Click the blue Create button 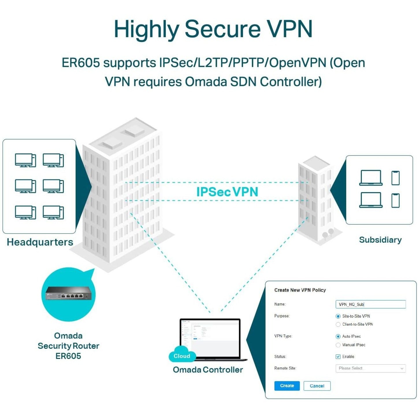[287, 386]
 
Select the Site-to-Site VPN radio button [338, 316]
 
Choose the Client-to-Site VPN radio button [338, 324]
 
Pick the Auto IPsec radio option [338, 337]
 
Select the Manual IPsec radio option [338, 345]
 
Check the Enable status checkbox [338, 357]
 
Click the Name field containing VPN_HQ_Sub [370, 304]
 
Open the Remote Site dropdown [370, 368]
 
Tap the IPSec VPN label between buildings [227, 192]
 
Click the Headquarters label [40, 242]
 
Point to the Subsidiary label [380, 240]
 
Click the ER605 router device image [68, 295]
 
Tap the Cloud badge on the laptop [182, 356]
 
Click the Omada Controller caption [208, 370]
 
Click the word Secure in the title [222, 29]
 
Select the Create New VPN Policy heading [300, 290]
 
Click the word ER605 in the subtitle [81, 63]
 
